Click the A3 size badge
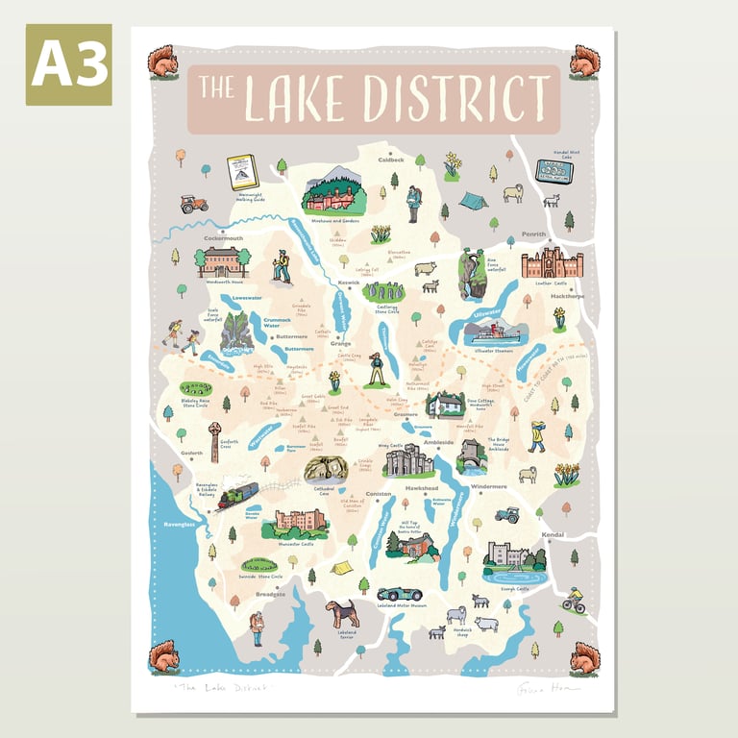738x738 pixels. (x=68, y=64)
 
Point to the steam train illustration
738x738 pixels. (x=235, y=494)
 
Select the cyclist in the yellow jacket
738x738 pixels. (x=574, y=599)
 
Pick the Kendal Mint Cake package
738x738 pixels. (x=553, y=170)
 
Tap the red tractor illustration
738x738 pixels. (x=193, y=204)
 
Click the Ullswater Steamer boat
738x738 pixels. (x=494, y=333)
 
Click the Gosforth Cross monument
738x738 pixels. (x=214, y=440)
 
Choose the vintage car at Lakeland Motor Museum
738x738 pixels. (x=400, y=594)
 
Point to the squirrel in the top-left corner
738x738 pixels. (x=160, y=62)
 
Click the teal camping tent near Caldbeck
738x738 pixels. (x=472, y=200)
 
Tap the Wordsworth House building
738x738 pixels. (x=222, y=261)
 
